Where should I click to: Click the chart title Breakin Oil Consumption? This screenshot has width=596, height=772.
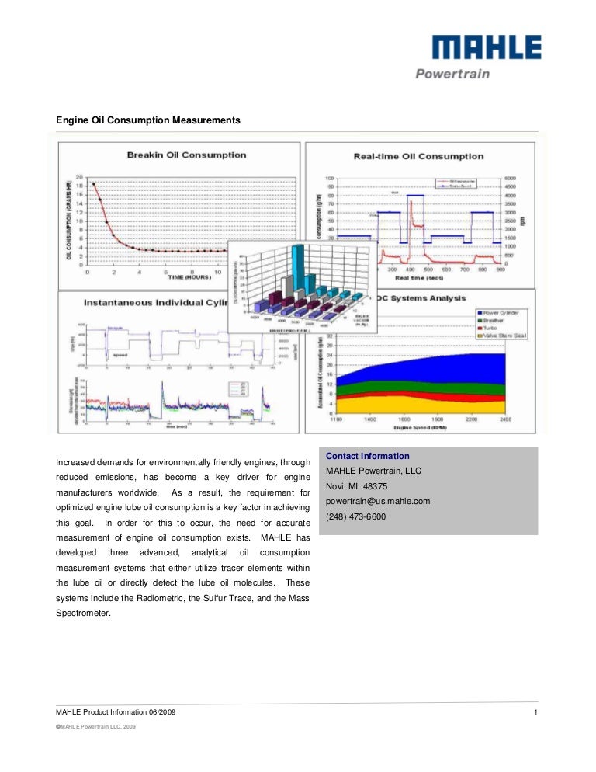pos(186,155)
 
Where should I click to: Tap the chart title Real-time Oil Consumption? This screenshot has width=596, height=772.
pos(418,155)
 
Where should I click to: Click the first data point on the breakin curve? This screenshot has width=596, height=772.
pos(94,184)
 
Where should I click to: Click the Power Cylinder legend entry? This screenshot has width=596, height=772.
pos(505,313)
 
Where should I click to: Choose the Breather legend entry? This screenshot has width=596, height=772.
pos(499,320)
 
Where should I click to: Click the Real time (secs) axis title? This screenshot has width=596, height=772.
pos(420,276)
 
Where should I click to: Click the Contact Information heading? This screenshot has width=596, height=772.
pos(368,456)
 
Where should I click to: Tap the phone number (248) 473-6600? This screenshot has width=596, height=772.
pos(355,516)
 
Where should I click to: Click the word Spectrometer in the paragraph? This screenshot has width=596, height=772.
pos(84,612)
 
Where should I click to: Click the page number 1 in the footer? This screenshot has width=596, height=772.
pos(536,711)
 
